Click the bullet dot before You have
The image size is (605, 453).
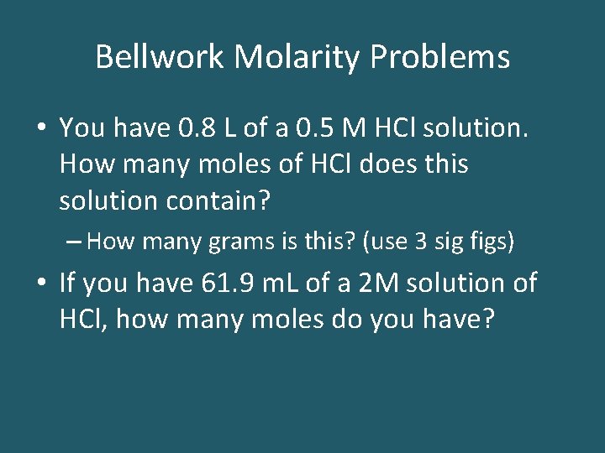point(42,128)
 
